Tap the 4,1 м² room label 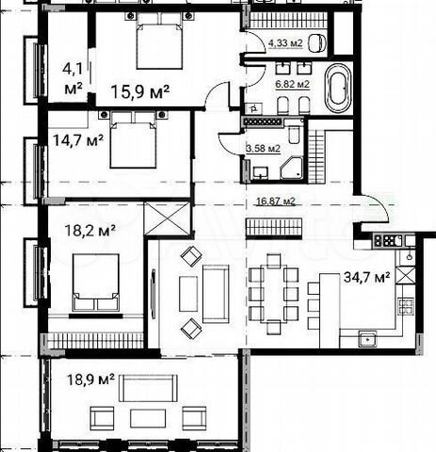[x=73, y=76]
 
